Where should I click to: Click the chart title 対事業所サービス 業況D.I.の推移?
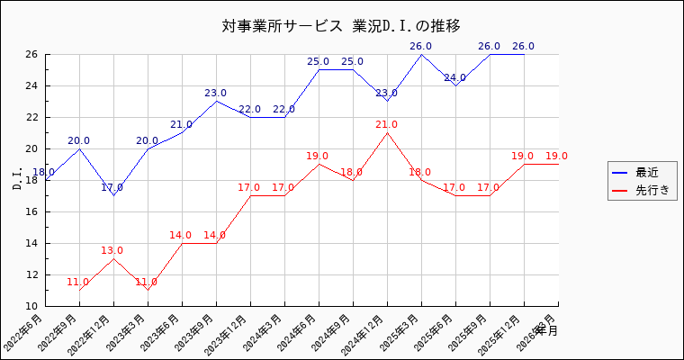[346, 25]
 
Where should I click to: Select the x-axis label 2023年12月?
[230, 334]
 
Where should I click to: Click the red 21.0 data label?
[387, 125]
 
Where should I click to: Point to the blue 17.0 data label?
[112, 188]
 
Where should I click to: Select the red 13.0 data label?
[112, 251]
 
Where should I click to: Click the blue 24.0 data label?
[455, 78]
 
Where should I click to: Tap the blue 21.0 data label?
[181, 125]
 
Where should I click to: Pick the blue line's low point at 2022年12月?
[113, 195]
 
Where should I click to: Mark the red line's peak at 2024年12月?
[387, 133]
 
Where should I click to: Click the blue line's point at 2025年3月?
[421, 54]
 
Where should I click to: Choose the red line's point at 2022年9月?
[79, 290]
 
